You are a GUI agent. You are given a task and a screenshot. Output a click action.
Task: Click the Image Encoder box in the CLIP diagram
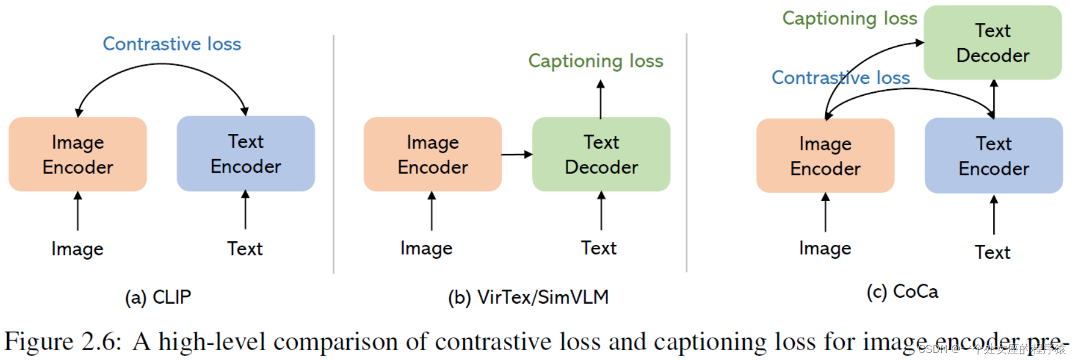[x=78, y=154]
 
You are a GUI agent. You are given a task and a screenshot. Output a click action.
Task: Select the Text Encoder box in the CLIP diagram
[x=246, y=153]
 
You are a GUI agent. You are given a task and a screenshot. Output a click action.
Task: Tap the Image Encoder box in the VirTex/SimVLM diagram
[x=432, y=154]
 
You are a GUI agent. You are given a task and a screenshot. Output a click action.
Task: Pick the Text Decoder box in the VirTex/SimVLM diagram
[x=601, y=154]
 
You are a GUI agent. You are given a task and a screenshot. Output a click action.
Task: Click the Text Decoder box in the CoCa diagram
[x=992, y=42]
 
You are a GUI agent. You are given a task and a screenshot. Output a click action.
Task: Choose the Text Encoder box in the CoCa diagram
[x=993, y=156]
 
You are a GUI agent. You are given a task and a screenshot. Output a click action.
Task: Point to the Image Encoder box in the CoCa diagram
[x=825, y=156]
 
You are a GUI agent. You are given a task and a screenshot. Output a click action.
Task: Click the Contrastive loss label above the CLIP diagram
[x=172, y=44]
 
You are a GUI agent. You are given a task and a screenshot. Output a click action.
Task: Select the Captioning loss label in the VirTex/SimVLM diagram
[x=596, y=61]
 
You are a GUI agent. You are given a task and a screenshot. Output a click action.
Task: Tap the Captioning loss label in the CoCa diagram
[x=849, y=19]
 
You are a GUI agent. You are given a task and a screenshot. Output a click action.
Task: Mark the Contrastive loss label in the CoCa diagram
[x=841, y=78]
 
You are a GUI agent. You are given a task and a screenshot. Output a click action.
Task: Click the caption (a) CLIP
[x=158, y=297]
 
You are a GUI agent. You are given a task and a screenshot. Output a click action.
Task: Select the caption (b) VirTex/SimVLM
[x=528, y=297]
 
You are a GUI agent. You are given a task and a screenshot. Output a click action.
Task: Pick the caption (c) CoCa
[x=902, y=291]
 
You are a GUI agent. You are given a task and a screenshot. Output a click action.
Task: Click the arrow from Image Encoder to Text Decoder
[x=517, y=154]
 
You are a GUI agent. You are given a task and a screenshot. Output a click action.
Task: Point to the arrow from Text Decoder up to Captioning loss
[x=600, y=100]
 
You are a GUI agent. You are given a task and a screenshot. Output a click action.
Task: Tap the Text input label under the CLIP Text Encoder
[x=245, y=249]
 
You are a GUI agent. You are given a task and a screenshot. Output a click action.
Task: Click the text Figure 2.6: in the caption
[x=63, y=342]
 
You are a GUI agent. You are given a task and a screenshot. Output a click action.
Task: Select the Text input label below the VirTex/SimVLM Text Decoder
[x=599, y=248]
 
